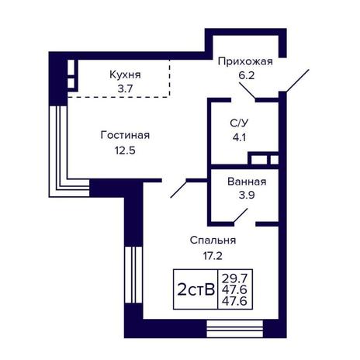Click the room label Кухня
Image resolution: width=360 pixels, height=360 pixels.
click(125, 74)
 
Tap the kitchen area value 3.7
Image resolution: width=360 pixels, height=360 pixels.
click(125, 89)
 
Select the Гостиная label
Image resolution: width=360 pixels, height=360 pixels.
click(125, 135)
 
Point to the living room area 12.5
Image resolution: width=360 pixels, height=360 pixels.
click(125, 151)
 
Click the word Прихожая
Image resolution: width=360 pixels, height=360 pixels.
click(245, 62)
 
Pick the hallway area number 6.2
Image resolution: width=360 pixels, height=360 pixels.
click(247, 76)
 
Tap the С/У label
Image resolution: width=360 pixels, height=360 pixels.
click(239, 123)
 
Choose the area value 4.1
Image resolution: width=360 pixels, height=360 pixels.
click(239, 137)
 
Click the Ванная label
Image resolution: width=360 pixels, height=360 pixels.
click(247, 182)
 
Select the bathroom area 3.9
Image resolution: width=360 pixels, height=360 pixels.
click(247, 195)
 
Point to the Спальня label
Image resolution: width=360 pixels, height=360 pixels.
click(213, 241)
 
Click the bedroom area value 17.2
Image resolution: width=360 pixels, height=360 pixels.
click(213, 256)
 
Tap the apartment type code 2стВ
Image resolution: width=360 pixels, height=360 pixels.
click(196, 289)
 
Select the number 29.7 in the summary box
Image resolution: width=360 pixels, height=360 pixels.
click(235, 279)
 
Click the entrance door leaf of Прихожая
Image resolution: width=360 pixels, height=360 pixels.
click(297, 81)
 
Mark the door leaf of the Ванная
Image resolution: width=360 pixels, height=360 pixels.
click(241, 216)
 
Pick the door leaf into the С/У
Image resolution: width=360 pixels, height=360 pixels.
click(247, 91)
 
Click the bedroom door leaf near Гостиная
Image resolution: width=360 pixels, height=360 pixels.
click(178, 189)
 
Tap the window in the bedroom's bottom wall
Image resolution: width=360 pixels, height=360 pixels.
click(235, 328)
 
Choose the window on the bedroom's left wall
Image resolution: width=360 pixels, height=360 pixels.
click(133, 275)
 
